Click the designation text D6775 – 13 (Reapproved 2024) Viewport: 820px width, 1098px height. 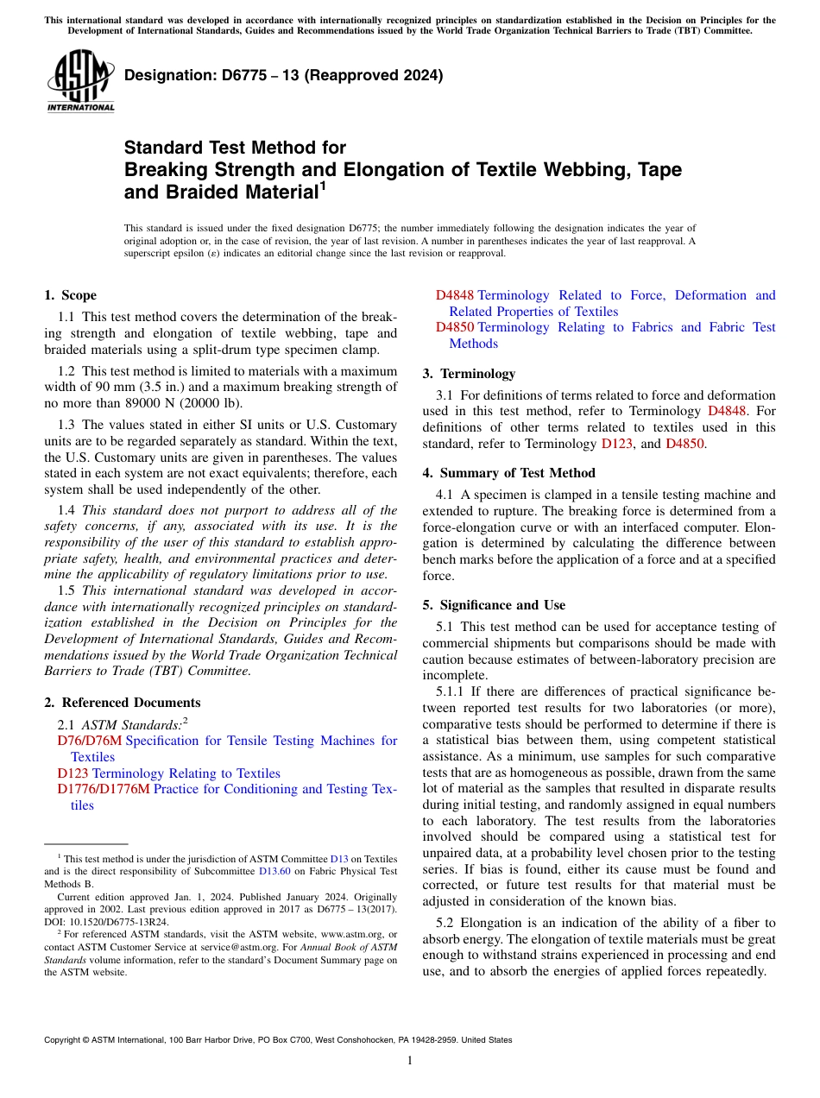(x=283, y=75)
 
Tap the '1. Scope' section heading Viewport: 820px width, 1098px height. (x=70, y=295)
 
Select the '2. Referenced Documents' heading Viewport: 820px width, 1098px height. (x=123, y=703)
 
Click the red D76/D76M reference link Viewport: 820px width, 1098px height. (x=89, y=741)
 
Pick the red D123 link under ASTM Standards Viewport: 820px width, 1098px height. (x=73, y=773)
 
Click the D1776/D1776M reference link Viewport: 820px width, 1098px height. (x=103, y=789)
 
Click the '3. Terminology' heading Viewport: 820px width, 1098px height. (x=469, y=374)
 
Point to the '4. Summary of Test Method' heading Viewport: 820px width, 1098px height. (x=508, y=473)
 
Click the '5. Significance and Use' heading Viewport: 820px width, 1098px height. (x=494, y=605)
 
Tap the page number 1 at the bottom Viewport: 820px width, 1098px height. (x=410, y=1060)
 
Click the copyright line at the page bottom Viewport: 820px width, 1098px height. (x=277, y=1040)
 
